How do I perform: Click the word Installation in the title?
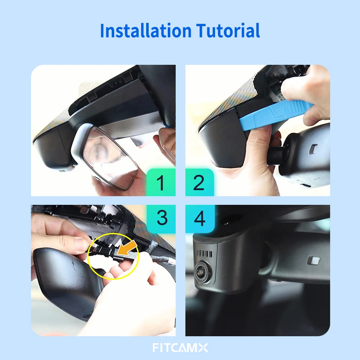(146, 31)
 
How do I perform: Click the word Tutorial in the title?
(228, 31)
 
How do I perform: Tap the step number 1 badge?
(161, 183)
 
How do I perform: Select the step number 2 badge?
(199, 183)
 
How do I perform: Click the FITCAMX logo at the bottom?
(180, 348)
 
